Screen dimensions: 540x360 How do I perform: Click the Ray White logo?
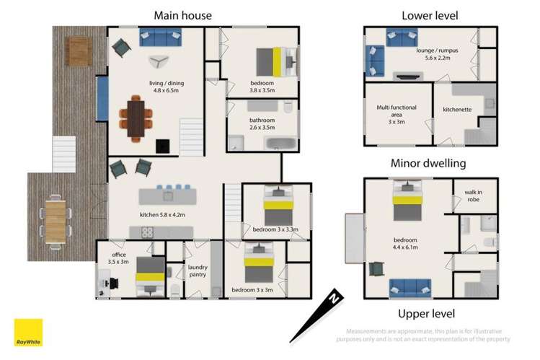pos(28,333)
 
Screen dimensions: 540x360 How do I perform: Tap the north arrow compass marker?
pos(317,315)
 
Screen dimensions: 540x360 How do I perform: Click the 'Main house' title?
pos(183,15)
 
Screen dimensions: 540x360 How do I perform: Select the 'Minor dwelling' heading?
pos(428,163)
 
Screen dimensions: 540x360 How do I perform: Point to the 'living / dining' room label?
pos(167,83)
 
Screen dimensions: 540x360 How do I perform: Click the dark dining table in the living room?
pos(136,118)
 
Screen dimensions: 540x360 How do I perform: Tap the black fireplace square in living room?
pos(162,146)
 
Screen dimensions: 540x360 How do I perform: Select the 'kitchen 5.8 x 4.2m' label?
pos(162,214)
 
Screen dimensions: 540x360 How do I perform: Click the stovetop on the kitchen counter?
pos(147,232)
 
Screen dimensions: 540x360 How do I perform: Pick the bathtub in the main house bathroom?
pos(280,144)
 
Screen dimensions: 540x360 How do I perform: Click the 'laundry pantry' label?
pos(198,271)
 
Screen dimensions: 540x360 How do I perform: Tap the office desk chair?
pos(114,284)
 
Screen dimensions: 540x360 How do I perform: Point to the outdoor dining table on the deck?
pos(56,222)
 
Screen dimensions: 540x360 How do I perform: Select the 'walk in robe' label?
pos(473,196)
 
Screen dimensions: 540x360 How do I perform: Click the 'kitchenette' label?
pos(457,110)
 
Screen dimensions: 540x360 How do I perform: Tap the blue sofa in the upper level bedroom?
pos(410,288)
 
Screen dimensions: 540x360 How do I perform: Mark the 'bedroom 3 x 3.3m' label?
pos(275,229)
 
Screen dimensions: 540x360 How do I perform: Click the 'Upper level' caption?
pos(426,314)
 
